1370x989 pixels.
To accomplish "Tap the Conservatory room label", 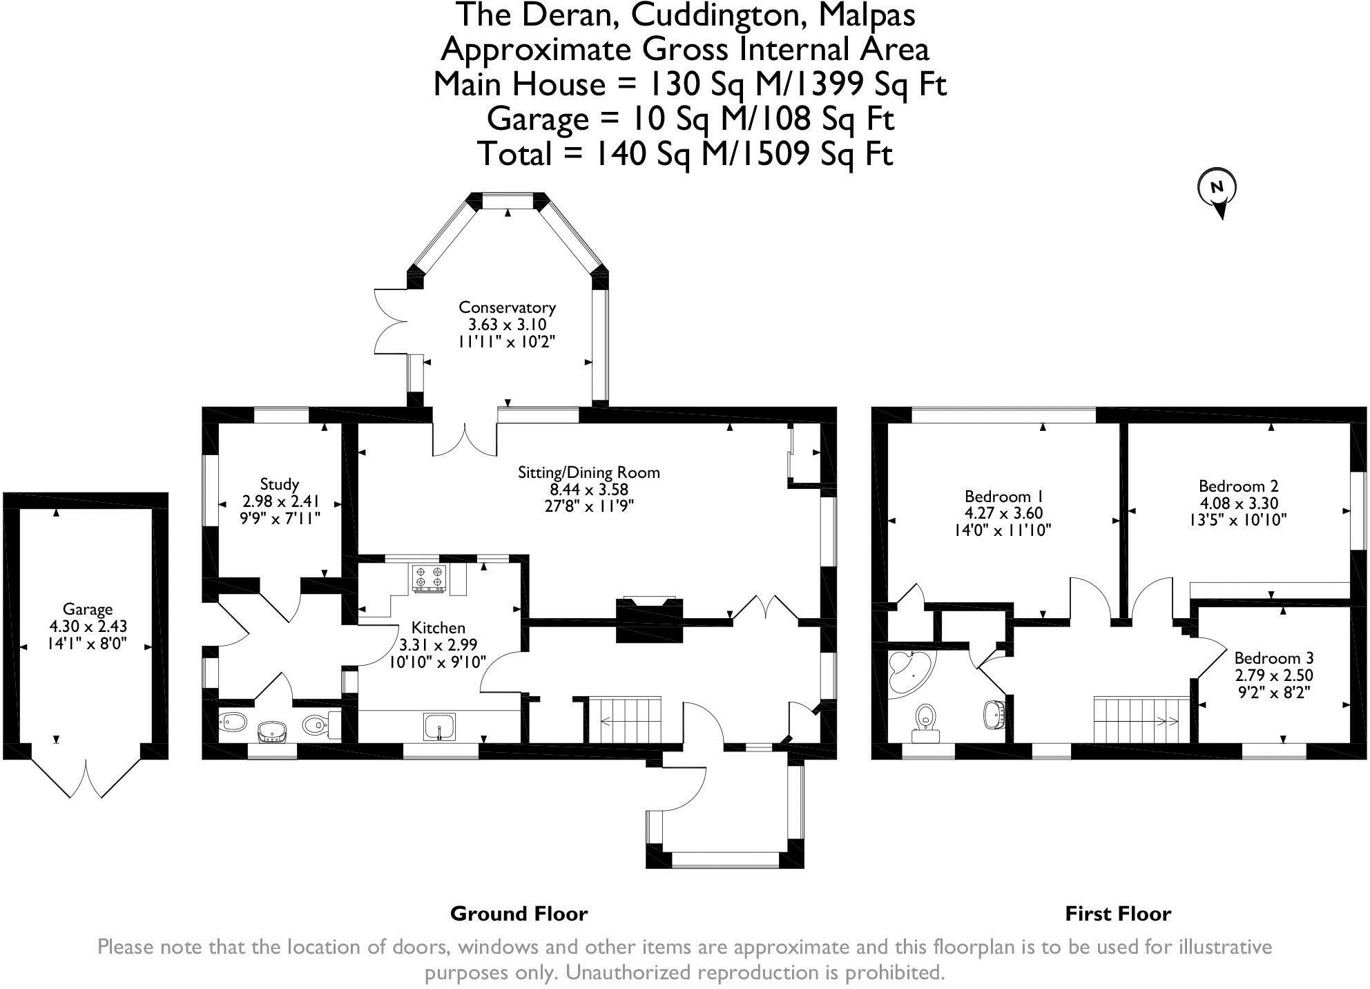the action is pos(507,307).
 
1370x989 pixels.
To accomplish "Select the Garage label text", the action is pos(88,609).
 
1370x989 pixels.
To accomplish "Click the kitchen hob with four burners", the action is pos(429,578).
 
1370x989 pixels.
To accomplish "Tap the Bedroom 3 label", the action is pos(1274,658).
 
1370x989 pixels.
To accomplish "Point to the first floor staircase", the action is pos(1141,720).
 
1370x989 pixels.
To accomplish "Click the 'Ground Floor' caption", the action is pos(519,914).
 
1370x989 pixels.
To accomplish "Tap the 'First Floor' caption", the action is pos(1118,914).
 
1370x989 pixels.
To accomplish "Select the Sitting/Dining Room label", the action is pos(589,473).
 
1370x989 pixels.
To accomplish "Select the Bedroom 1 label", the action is pos(1003,497).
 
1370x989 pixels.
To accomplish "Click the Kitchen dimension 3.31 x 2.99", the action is pos(438,645).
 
